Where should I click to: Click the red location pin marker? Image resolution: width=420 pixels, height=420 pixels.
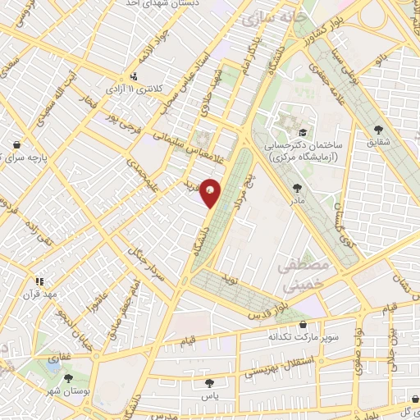(212, 193)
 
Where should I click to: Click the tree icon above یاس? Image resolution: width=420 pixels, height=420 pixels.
(211, 381)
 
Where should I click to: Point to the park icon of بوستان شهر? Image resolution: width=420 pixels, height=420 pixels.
(67, 379)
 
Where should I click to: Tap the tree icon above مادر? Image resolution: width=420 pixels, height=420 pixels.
(295, 188)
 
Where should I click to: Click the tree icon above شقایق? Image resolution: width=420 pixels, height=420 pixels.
(378, 129)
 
